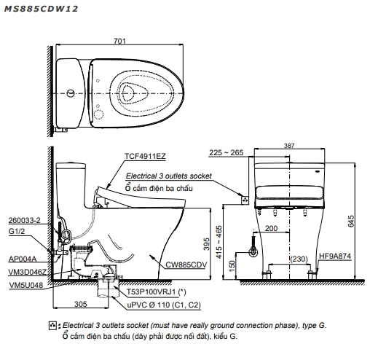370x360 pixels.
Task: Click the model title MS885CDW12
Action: [x=41, y=9]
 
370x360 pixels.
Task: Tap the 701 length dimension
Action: [x=119, y=41]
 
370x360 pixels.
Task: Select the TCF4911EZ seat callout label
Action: [x=145, y=156]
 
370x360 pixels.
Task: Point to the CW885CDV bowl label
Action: [x=186, y=265]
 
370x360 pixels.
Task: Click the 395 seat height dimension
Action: [x=206, y=244]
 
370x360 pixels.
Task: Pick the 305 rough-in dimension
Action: [x=80, y=304]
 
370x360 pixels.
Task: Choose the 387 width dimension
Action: [x=289, y=146]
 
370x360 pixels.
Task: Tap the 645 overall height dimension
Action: [x=351, y=221]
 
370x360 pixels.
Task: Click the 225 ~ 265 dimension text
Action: [x=226, y=152]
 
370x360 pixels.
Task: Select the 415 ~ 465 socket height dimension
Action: [x=219, y=242]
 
